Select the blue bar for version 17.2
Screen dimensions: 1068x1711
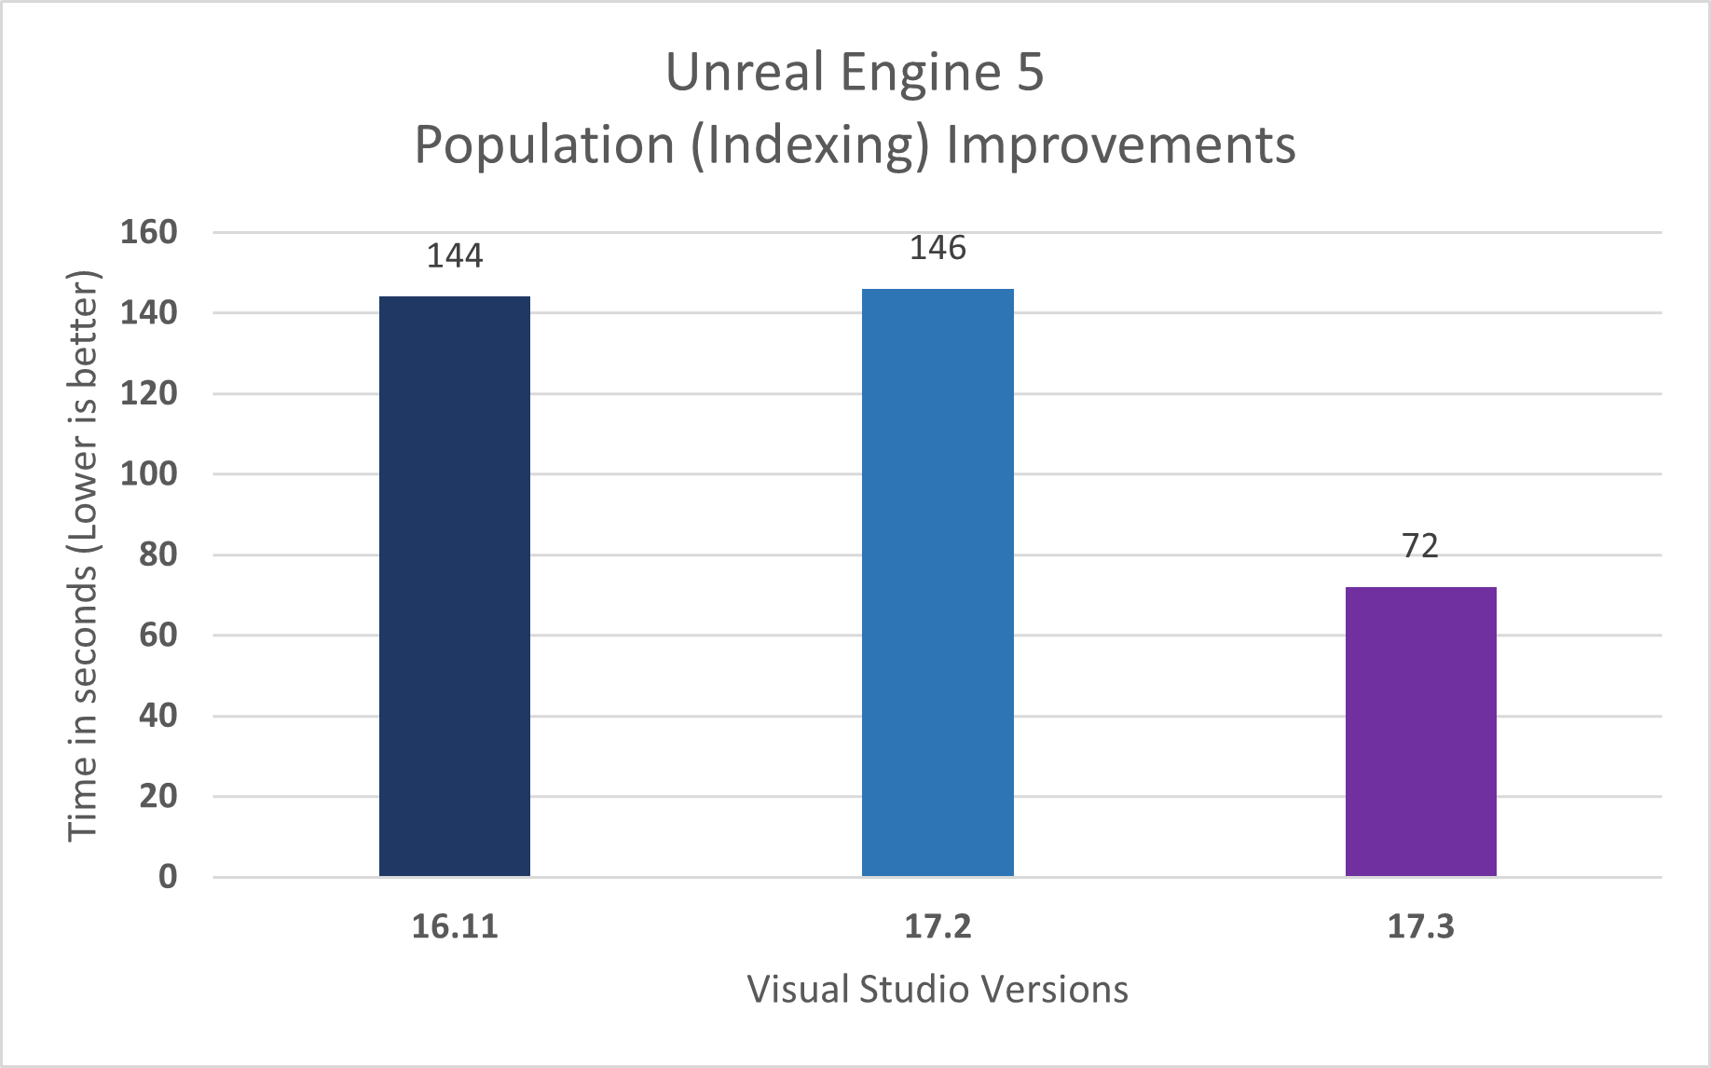pyautogui.click(x=938, y=582)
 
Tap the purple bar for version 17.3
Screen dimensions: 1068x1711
pyautogui.click(x=1420, y=731)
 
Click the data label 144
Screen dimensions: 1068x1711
pyautogui.click(x=455, y=256)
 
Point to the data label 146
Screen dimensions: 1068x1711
pyautogui.click(x=938, y=248)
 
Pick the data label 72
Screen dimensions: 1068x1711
pyautogui.click(x=1420, y=546)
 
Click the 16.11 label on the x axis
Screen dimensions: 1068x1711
pyautogui.click(x=455, y=927)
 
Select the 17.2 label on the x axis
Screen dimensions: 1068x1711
pyautogui.click(x=938, y=927)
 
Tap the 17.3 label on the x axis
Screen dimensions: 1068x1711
pyautogui.click(x=1420, y=927)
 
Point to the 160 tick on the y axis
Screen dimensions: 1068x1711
pyautogui.click(x=148, y=232)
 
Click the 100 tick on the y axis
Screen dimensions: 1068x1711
pyautogui.click(x=148, y=473)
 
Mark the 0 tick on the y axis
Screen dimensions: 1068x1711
pyautogui.click(x=167, y=876)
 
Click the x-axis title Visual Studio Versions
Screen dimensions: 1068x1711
pyautogui.click(x=938, y=990)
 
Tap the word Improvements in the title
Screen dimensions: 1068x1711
pyautogui.click(x=1120, y=145)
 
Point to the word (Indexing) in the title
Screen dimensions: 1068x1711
pyautogui.click(x=810, y=145)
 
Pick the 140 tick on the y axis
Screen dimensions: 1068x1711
pyautogui.click(x=148, y=312)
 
